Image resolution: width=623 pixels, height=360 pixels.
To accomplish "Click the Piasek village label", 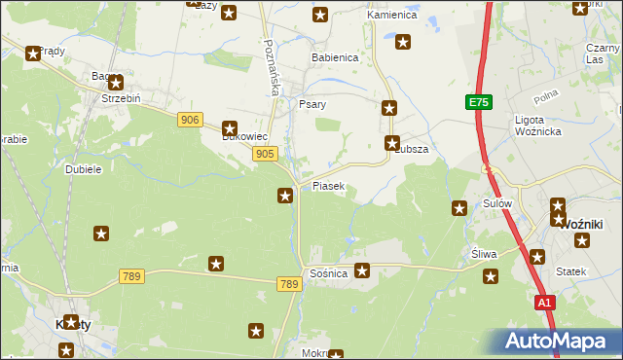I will point(329,186).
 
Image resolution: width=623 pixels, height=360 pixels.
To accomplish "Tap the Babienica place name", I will point(335,57).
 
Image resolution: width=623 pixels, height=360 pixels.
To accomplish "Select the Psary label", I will point(312,103).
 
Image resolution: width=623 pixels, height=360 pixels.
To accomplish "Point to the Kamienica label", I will point(391,17).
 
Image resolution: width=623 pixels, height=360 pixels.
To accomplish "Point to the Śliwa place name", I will point(484,254).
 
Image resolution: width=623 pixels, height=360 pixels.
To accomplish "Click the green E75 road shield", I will point(478,102).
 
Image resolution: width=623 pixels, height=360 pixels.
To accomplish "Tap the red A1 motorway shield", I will point(545,303).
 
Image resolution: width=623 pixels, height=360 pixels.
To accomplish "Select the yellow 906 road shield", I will point(190,120).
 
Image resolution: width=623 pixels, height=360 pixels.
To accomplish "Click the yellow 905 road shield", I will point(265,154).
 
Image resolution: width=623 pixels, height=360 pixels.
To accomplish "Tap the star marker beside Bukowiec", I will point(230,127).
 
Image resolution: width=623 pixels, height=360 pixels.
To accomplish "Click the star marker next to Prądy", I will point(33,54).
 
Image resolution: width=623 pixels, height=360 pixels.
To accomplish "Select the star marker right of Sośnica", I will point(362,270).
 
